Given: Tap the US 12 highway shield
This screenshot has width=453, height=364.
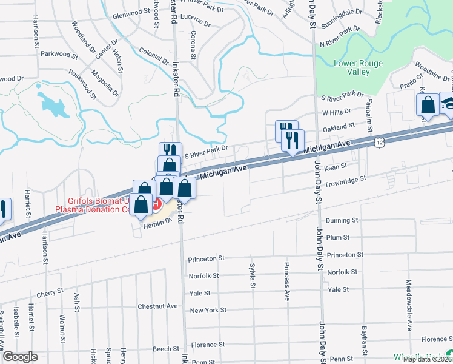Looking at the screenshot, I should (379, 141).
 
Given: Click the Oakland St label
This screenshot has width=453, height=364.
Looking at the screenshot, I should (339, 127).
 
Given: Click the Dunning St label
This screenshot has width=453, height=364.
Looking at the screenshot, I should (342, 221).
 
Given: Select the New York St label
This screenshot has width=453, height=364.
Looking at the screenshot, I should (208, 310).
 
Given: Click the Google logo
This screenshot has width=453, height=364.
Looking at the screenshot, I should (19, 357).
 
